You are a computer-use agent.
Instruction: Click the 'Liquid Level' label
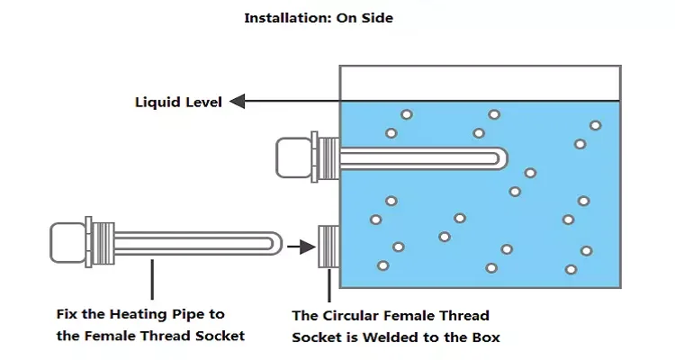(x=178, y=102)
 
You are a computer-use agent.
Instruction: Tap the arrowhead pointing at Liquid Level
(x=238, y=102)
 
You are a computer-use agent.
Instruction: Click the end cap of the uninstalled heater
(x=67, y=243)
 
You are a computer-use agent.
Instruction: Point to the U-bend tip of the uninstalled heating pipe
(x=276, y=244)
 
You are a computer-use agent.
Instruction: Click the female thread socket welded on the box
(x=328, y=244)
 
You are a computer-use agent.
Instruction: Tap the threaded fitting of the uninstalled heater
(x=101, y=243)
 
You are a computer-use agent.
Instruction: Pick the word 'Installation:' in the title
(x=284, y=17)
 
